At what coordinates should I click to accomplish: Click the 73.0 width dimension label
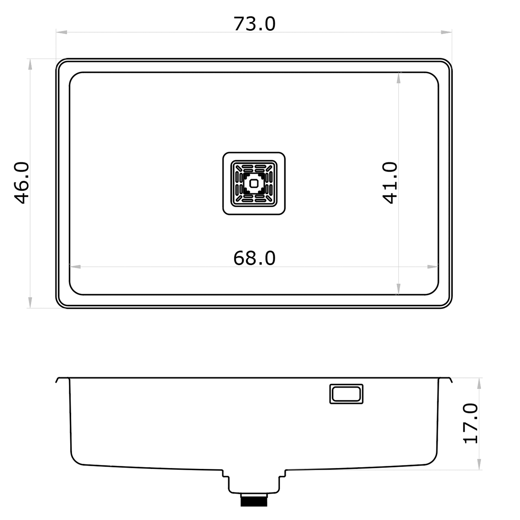tap(254, 24)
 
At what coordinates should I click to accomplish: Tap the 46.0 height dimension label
tap(21, 182)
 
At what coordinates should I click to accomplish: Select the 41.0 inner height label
tap(390, 182)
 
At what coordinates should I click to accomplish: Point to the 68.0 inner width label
tap(254, 258)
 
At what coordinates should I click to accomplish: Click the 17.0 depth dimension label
tap(471, 423)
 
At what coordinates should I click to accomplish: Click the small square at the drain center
tap(254, 183)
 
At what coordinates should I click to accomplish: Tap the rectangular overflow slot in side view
tap(346, 394)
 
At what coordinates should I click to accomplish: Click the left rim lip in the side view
tap(58, 380)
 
